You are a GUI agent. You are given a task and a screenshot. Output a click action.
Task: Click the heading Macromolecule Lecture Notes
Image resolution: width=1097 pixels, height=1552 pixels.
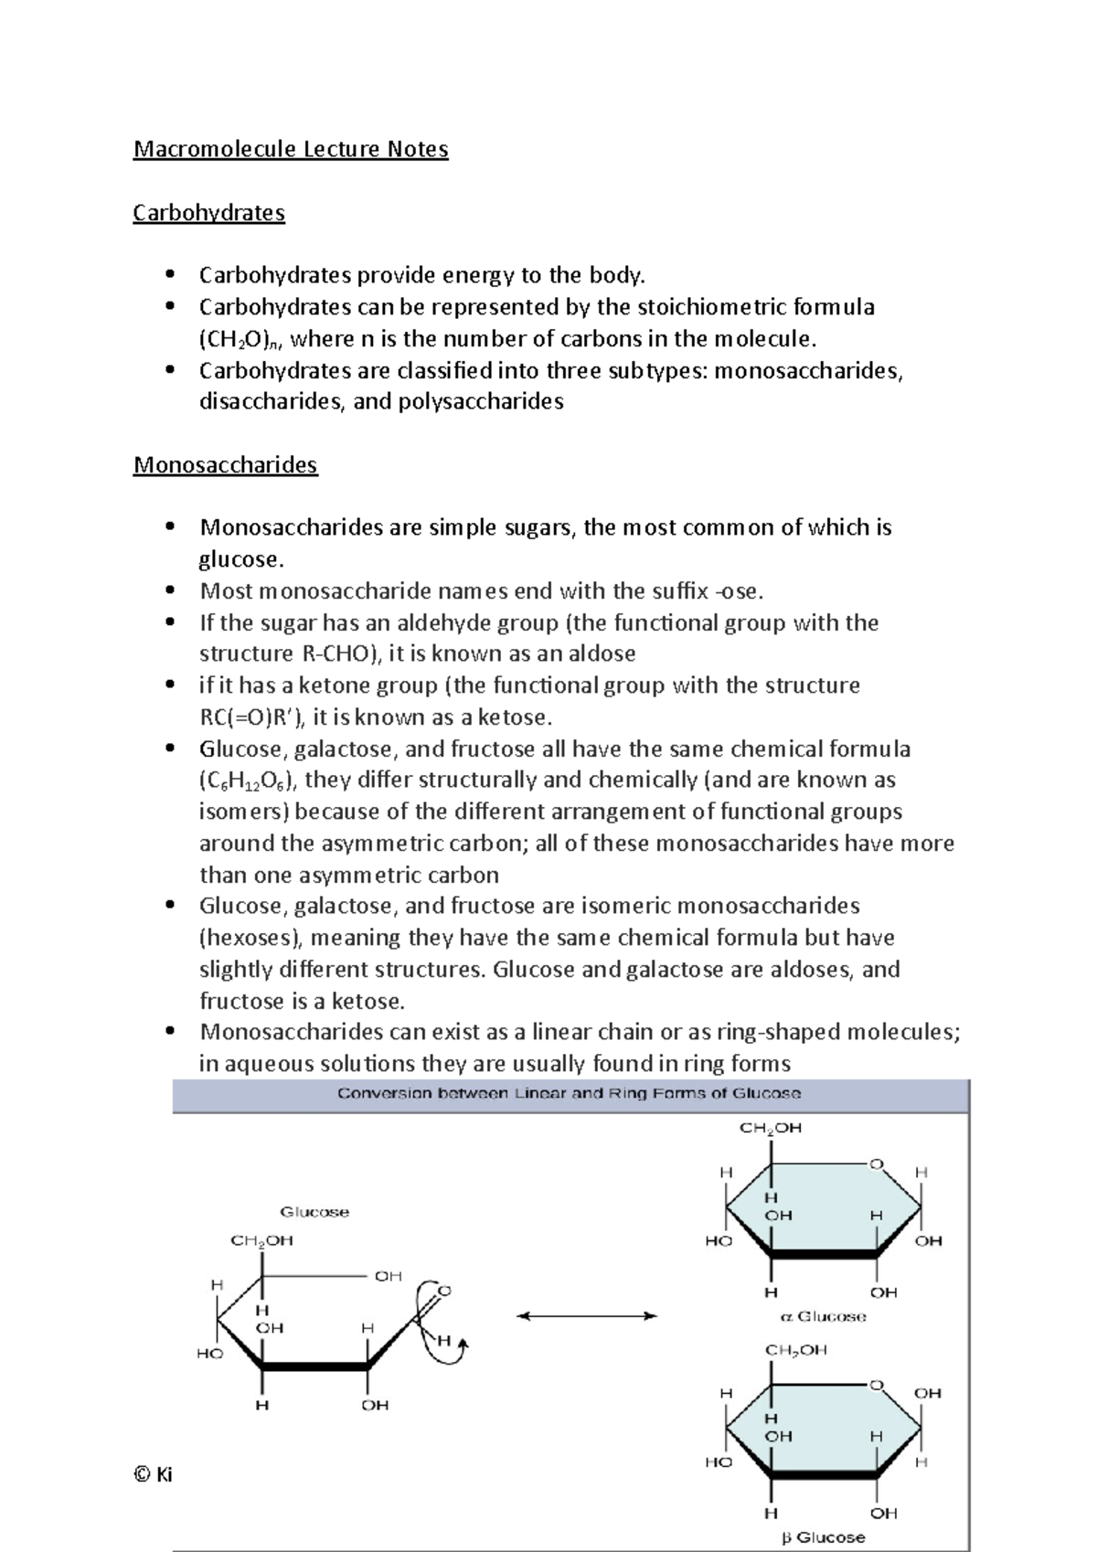click(291, 149)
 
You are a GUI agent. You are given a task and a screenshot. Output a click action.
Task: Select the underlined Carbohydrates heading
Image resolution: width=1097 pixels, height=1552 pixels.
click(208, 213)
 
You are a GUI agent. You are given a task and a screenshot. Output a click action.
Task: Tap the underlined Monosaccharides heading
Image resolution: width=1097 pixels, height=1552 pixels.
click(225, 465)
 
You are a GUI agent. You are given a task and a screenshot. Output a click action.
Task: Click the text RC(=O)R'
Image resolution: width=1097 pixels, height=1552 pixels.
click(250, 718)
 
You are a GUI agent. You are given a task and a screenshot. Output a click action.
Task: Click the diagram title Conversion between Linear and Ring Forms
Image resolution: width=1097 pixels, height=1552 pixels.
click(569, 1093)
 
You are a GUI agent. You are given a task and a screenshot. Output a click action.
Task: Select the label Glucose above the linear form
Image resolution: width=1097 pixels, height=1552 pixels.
click(314, 1212)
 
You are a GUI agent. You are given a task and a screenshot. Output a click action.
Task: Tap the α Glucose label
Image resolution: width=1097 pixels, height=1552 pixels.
click(823, 1317)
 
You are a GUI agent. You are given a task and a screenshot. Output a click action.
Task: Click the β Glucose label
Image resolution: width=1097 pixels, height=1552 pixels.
click(823, 1537)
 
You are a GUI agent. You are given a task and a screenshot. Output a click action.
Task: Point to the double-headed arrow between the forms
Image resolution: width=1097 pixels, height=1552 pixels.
click(587, 1316)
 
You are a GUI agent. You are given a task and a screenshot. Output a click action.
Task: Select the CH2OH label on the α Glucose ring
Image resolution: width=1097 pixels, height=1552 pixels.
click(771, 1128)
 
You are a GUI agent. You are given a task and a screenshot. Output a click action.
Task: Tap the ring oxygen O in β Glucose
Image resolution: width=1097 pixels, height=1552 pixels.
click(876, 1386)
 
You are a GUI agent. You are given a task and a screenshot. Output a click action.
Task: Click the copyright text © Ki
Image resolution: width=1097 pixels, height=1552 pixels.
click(153, 1474)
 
